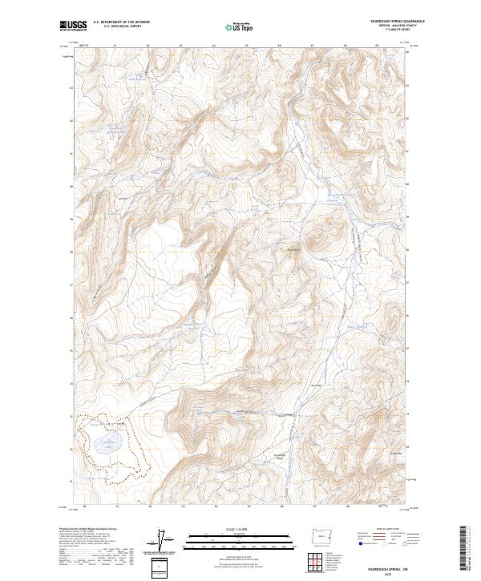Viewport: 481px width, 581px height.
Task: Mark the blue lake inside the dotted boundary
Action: point(107,442)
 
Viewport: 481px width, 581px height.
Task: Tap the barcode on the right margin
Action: point(464,549)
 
